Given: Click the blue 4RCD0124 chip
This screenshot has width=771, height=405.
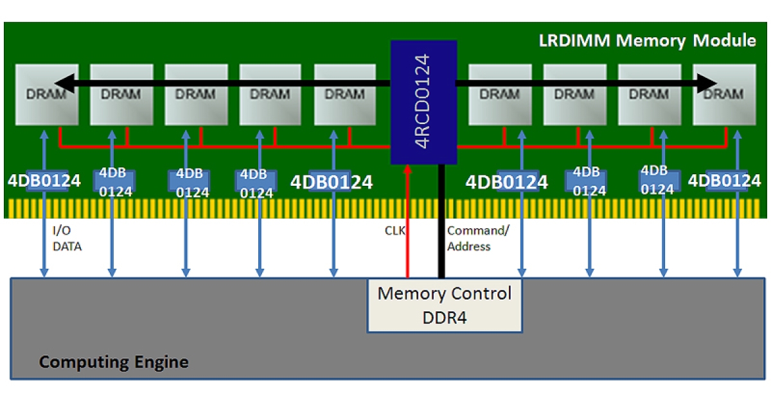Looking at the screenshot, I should (x=423, y=102).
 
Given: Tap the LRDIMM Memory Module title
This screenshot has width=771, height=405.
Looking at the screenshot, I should (x=647, y=40).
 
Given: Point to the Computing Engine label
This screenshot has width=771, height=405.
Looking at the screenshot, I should (x=114, y=362).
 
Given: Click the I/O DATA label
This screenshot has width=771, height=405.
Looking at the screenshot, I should (x=67, y=238).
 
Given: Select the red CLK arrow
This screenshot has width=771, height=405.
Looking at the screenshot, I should (x=406, y=225).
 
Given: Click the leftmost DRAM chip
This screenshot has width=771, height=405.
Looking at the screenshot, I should (x=46, y=94).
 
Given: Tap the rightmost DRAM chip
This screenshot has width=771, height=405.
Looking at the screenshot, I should (x=724, y=94).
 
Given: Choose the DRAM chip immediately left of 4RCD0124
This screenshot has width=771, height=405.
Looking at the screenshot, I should (x=345, y=94).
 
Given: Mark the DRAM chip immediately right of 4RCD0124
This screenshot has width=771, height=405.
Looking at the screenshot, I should (x=500, y=94).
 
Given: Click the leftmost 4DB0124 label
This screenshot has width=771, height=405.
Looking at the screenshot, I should (x=44, y=181).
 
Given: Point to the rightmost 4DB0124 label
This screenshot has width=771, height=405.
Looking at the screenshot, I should (x=724, y=181).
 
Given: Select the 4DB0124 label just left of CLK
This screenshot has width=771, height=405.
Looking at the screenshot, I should (x=332, y=182).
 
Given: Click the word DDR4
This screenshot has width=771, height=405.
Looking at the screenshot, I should (x=444, y=317).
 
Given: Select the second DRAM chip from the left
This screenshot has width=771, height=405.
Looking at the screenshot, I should (x=121, y=94).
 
